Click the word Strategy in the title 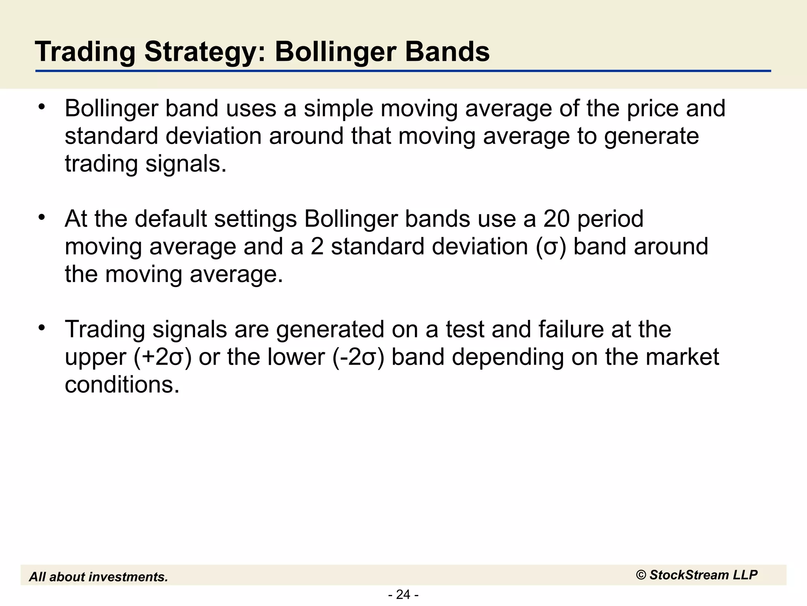coord(200,52)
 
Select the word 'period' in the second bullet coord(610,219)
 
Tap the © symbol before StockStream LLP coord(641,575)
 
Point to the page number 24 coord(403,594)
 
